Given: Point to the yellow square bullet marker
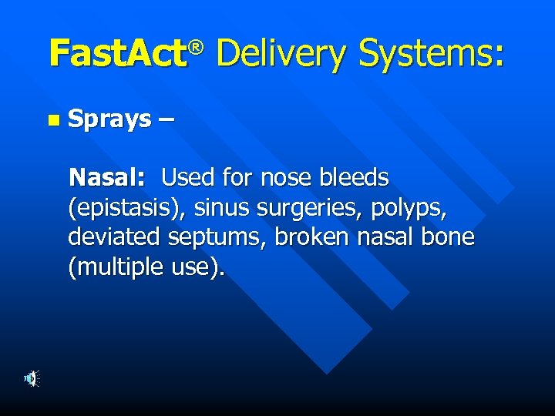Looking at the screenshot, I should pos(52,120).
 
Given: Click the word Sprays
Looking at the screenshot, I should pos(109,119).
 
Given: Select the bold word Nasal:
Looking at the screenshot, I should pos(107,178).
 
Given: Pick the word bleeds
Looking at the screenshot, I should pos(356,178).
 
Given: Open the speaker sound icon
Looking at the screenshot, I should pos(31,378).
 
